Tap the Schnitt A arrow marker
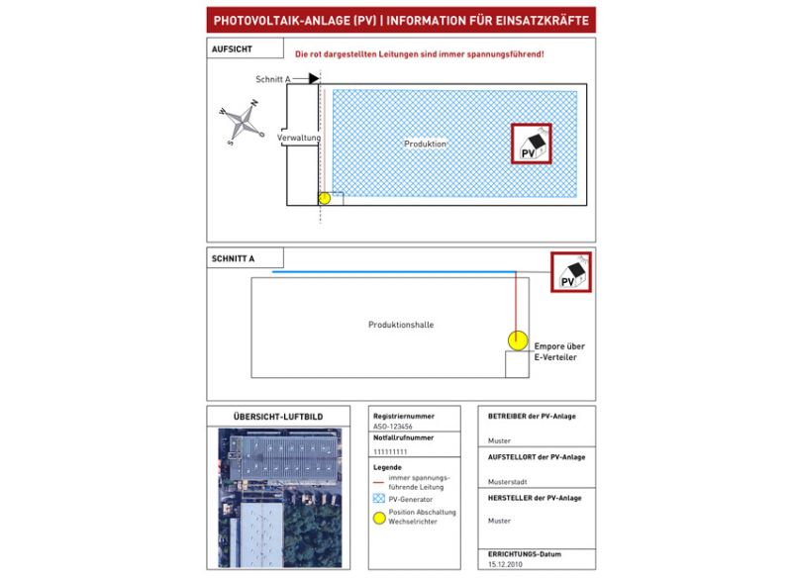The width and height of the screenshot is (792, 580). pos(309,78)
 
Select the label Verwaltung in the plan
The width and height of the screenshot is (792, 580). pos(299,138)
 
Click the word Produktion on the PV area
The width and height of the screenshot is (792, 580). pos(426,145)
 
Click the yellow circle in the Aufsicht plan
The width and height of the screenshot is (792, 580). pos(324,198)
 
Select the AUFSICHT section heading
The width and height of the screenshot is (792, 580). pos(233,48)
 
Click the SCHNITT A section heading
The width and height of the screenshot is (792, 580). pos(234,259)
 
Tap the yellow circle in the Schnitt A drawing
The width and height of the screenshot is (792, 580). pos(517,340)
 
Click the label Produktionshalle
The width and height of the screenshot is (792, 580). pos(401,325)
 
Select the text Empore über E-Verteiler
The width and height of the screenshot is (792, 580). pos(560,351)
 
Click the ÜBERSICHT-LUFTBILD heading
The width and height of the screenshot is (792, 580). pos(277,417)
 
